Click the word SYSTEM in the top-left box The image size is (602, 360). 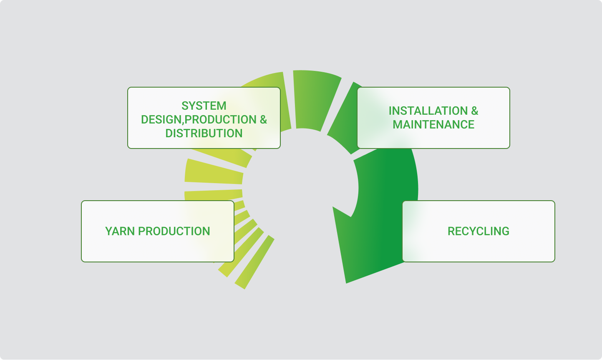204,106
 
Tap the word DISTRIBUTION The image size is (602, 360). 204,133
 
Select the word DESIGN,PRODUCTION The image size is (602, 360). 199,120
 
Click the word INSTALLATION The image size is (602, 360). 428,111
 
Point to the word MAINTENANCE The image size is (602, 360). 433,125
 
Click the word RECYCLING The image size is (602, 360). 479,232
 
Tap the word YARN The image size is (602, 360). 120,232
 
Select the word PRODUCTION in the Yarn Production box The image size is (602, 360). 174,232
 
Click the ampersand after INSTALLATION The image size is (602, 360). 475,111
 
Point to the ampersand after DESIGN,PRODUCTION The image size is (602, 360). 263,120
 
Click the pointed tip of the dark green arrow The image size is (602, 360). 346,283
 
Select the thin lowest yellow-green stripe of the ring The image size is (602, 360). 254,262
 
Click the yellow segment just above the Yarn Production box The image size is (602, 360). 214,195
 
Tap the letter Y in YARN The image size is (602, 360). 109,232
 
